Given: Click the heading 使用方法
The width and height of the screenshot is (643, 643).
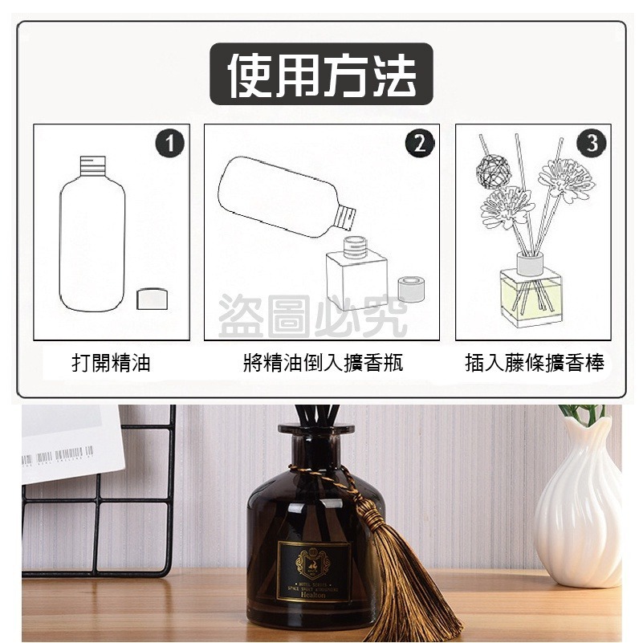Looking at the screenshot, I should [x=321, y=75].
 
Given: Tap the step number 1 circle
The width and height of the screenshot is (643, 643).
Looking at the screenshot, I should [x=169, y=144].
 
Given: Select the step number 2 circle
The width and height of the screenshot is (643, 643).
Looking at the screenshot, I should [x=419, y=144].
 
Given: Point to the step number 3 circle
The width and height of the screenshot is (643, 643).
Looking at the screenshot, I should [x=592, y=144].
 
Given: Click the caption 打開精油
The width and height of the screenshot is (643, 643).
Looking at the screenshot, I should [x=111, y=364].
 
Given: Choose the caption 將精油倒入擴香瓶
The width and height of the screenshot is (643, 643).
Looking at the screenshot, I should [x=322, y=364].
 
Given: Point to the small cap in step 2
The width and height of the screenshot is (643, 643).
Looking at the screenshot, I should [x=412, y=291].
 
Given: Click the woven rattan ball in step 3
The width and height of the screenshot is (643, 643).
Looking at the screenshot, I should [x=490, y=168].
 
